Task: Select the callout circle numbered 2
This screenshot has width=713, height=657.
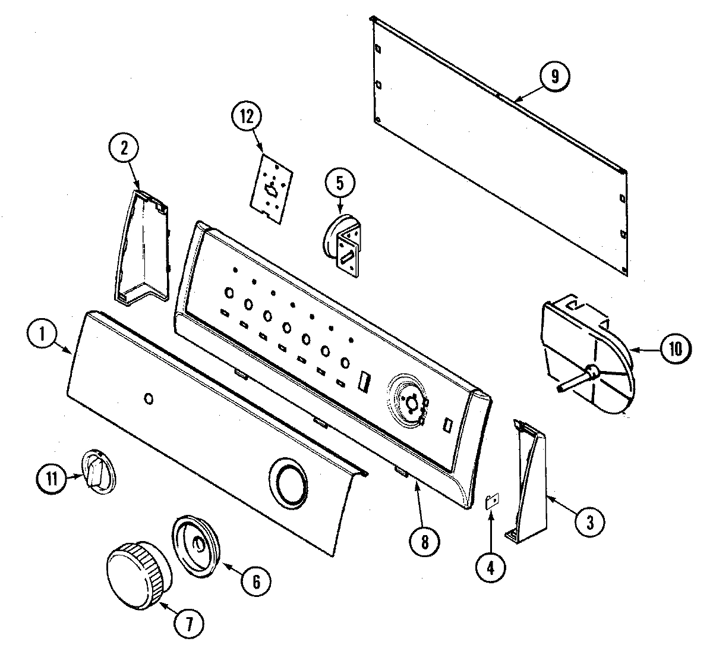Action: [x=124, y=149]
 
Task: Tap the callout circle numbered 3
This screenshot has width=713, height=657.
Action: [x=589, y=521]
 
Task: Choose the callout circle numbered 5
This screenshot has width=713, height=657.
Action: [x=339, y=183]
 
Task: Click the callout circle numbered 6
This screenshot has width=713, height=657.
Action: [x=255, y=581]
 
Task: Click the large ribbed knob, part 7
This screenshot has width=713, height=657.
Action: [x=137, y=574]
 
